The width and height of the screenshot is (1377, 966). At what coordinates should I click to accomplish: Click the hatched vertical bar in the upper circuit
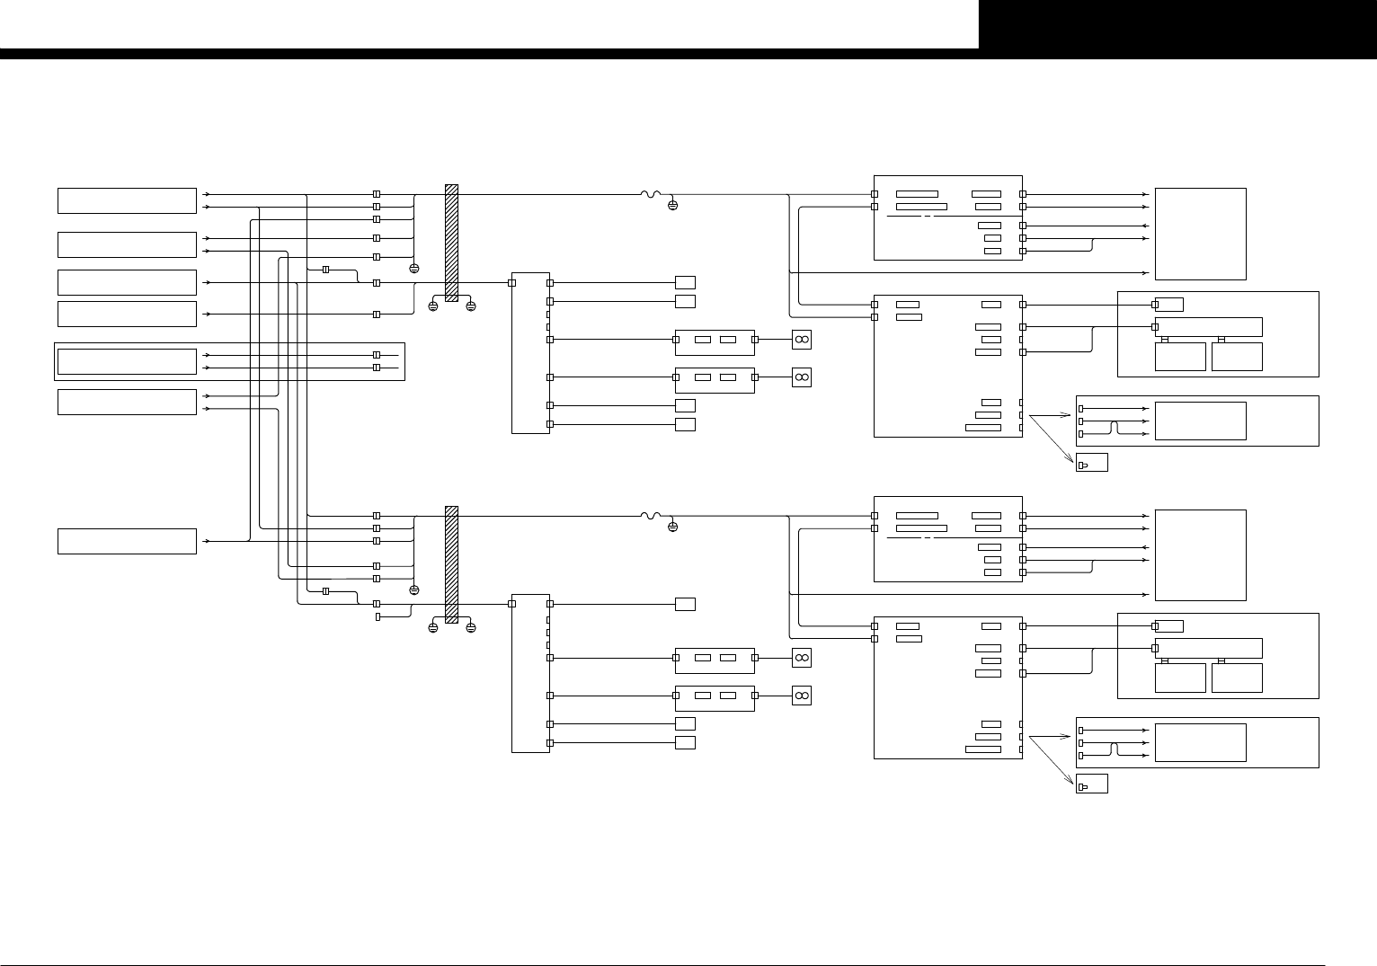[x=451, y=243]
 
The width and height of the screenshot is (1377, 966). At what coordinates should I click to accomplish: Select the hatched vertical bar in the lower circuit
[x=451, y=564]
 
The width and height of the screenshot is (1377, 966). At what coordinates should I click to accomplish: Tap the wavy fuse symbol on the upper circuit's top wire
[x=650, y=194]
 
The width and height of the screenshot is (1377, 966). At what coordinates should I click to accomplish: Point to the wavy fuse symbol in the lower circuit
[x=650, y=516]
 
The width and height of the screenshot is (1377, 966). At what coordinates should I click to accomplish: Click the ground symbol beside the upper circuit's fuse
[x=672, y=206]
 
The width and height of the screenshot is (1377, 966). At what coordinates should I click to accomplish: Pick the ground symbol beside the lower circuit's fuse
[x=672, y=527]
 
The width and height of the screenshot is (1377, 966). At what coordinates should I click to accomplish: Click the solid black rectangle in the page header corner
[x=1177, y=24]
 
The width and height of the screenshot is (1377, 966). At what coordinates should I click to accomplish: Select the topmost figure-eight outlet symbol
[x=802, y=340]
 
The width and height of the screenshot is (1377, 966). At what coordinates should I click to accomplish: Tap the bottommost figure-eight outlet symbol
[x=802, y=696]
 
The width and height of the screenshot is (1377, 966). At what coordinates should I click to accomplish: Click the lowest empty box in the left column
[x=127, y=542]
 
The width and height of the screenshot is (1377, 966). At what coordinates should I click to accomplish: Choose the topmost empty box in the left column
[x=127, y=200]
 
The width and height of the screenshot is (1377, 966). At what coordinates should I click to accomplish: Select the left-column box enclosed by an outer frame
[x=127, y=361]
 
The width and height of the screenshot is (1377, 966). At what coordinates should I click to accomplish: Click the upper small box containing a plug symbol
[x=1091, y=463]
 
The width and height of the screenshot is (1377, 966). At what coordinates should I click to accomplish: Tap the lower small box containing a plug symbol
[x=1091, y=784]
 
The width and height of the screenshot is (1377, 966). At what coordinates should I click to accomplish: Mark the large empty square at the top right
[x=1200, y=234]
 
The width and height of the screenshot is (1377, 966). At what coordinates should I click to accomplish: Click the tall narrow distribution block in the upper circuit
[x=530, y=352]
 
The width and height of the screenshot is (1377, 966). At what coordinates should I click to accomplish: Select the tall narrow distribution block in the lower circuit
[x=530, y=673]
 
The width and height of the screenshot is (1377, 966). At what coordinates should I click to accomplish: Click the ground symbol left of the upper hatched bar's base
[x=432, y=306]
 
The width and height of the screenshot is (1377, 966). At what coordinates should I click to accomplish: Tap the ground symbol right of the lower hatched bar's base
[x=470, y=628]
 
